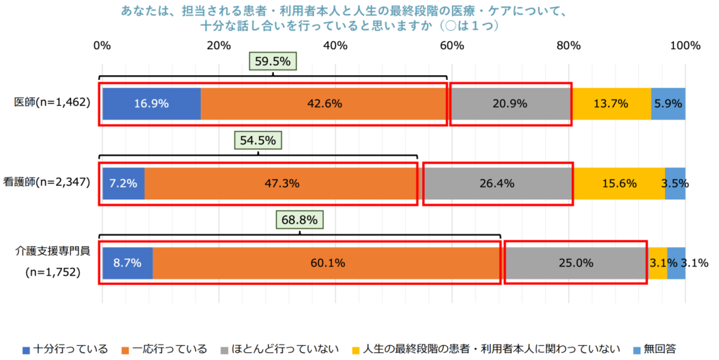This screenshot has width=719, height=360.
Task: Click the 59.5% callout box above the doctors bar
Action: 272,62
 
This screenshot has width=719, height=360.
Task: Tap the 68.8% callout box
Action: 300,220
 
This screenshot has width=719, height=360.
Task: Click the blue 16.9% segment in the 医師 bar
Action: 152,104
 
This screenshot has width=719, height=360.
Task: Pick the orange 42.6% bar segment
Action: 324,104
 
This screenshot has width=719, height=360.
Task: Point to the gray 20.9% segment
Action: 510,104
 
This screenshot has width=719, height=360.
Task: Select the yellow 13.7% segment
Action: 611,104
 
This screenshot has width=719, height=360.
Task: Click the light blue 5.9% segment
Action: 668,104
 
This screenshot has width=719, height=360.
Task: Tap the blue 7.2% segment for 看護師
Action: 124,184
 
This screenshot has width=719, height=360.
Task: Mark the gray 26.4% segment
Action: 497,184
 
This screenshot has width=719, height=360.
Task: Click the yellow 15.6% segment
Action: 619,184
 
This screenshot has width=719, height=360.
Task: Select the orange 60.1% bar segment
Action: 327,263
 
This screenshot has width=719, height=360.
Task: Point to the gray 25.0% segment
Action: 575,263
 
